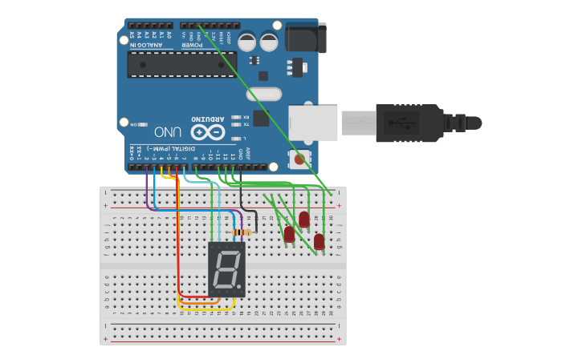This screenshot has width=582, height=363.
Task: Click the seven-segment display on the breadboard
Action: coord(226,269)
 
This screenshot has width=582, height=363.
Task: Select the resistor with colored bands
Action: coord(242,232)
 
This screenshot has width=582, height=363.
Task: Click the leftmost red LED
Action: coord(289,234)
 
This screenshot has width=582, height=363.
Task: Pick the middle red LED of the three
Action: coord(304,219)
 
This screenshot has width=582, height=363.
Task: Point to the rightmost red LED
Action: coord(319,240)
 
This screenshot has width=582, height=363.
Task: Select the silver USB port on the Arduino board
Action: coord(313,123)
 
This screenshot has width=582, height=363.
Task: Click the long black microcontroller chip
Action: coord(182,65)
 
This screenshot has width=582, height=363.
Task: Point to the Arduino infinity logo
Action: coord(207,131)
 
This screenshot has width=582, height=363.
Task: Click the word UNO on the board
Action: coord(168,131)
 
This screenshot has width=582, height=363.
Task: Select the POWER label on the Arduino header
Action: coord(198,46)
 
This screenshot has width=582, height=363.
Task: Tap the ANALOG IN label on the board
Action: coord(146,46)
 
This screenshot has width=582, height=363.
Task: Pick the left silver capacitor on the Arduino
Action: coord(247,41)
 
